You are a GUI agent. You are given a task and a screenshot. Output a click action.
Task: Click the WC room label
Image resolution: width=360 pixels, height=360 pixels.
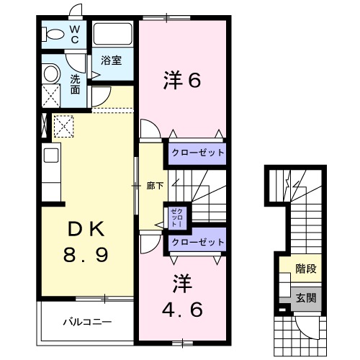[75, 35]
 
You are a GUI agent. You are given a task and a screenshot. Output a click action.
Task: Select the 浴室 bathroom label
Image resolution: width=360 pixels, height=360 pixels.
[110, 60]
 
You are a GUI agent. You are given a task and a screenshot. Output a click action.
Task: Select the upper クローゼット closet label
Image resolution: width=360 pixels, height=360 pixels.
[197, 153]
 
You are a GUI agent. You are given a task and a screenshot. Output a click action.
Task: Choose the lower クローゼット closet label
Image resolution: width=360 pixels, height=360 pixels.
[197, 243]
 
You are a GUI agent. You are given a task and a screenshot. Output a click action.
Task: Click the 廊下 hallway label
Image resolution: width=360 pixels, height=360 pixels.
[153, 186]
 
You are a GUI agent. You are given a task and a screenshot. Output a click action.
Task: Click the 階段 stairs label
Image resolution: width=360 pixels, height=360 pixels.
[305, 270]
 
